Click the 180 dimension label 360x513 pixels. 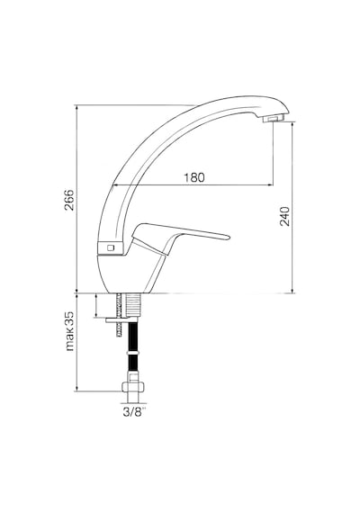click(x=193, y=177)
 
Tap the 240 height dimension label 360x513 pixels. click(x=284, y=216)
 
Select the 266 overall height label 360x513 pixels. click(x=69, y=200)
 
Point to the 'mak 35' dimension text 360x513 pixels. click(x=69, y=331)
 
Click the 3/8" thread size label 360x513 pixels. click(x=134, y=412)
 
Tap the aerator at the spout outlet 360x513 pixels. click(x=274, y=119)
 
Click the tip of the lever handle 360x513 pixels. click(x=229, y=238)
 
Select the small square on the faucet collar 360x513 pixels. click(x=111, y=247)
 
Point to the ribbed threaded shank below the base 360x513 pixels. click(x=133, y=305)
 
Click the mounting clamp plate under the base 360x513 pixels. click(x=121, y=319)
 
